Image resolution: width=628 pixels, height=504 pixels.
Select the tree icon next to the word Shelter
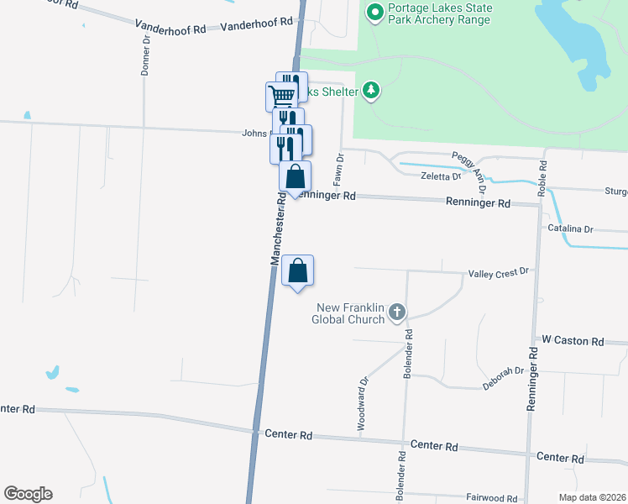tap(371, 91)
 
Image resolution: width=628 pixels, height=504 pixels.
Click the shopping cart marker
tap(281, 95)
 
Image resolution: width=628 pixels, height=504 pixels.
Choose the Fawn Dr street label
tap(340, 170)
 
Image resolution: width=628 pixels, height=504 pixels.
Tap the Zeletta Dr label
tap(441, 176)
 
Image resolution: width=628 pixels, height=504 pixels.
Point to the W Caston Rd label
tap(573, 341)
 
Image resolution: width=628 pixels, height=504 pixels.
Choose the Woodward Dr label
tap(364, 404)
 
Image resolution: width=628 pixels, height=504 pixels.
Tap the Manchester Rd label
tap(278, 227)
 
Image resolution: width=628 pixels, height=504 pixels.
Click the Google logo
tap(28, 494)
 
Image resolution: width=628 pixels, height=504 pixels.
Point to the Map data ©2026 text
tap(591, 497)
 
